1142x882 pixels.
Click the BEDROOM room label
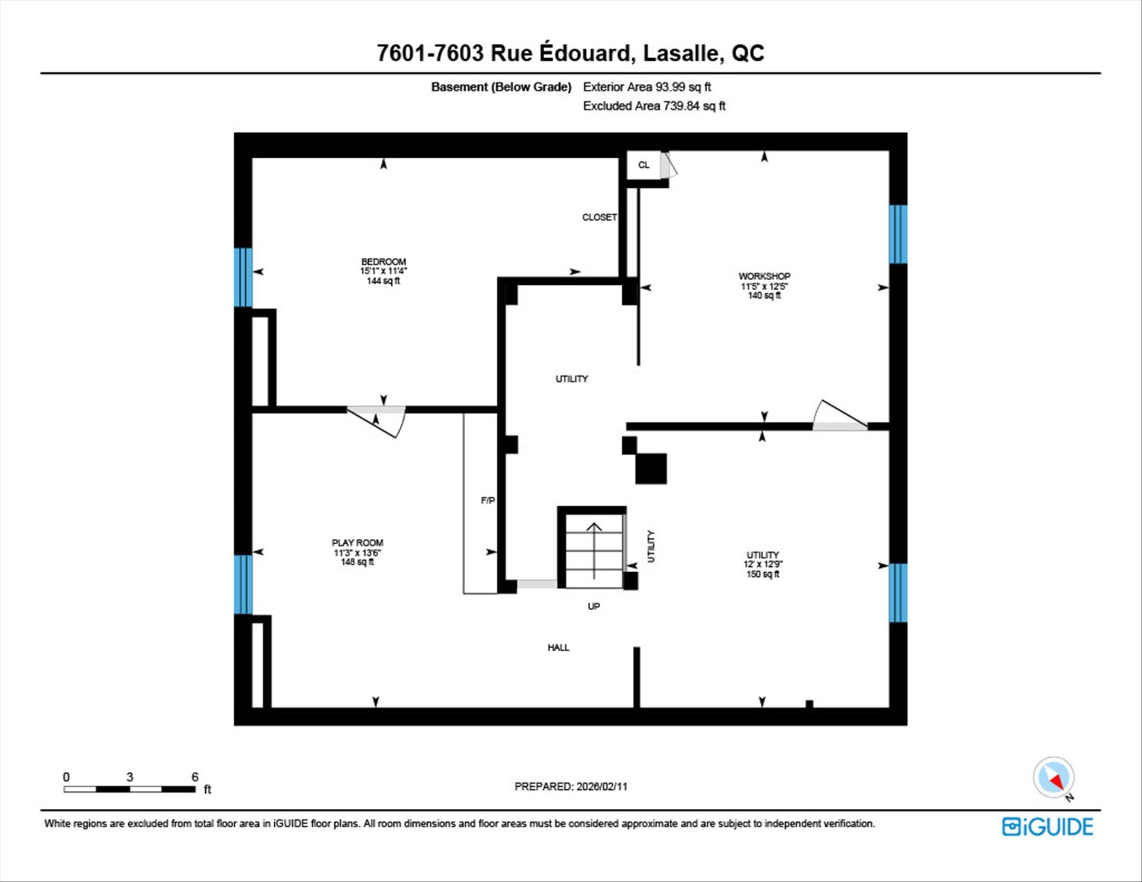[384, 262]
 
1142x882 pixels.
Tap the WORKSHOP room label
[764, 276]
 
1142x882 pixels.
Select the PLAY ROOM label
[357, 542]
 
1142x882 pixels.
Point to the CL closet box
[644, 165]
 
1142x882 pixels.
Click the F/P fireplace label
[488, 501]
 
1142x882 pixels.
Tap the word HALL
[559, 648]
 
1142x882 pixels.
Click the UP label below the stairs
[594, 607]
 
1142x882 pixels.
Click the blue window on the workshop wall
[898, 234]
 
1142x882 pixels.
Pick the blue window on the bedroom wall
[243, 277]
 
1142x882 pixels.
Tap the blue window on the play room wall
[243, 584]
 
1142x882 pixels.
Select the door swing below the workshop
[840, 415]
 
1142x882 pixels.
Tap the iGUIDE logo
[1047, 827]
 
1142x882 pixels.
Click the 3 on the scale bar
[130, 777]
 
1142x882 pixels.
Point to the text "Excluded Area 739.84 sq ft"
[654, 106]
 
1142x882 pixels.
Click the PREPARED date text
[571, 786]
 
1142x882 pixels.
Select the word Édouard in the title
[584, 52]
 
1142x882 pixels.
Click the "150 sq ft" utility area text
[763, 574]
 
